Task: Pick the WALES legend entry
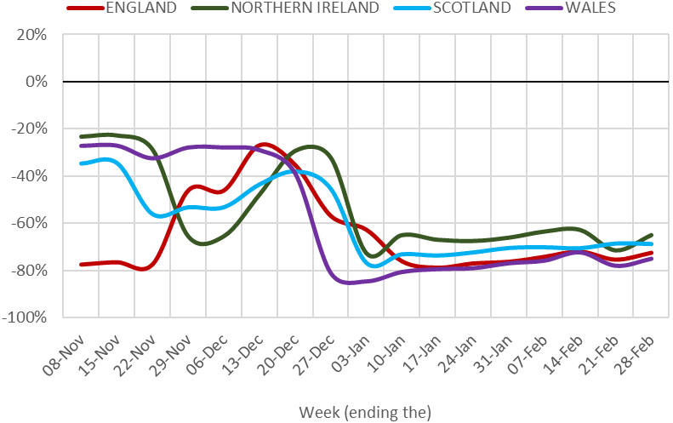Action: click(x=587, y=9)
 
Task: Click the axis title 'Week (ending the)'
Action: click(x=365, y=412)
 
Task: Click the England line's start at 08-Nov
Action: click(x=82, y=265)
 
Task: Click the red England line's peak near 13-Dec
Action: click(x=265, y=145)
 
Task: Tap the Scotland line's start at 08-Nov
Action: click(x=82, y=163)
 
